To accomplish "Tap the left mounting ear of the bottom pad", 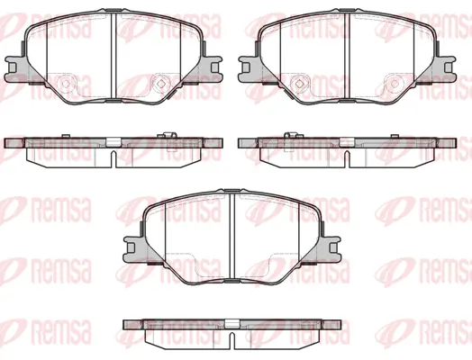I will [x=130, y=244].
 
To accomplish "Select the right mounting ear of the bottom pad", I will [x=331, y=244].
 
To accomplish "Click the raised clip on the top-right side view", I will [x=286, y=136].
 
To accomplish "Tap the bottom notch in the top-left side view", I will [x=113, y=159].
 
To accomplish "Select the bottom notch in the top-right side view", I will [x=346, y=159].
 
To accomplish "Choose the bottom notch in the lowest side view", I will [x=231, y=340].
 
